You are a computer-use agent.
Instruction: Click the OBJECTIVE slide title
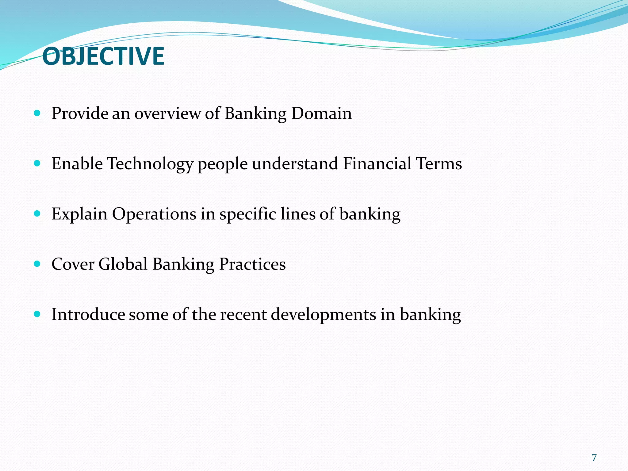click(103, 56)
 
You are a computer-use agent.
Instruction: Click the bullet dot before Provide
click(37, 113)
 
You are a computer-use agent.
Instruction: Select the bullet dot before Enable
click(37, 164)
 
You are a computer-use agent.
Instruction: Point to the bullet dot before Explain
click(37, 214)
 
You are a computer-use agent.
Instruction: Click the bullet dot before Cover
click(37, 264)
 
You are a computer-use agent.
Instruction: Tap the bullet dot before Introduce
click(37, 314)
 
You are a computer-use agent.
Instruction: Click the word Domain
click(321, 113)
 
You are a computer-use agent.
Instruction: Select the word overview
click(167, 113)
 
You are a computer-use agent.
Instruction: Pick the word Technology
click(150, 164)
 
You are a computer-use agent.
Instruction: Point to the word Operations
click(154, 214)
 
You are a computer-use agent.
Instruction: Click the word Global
click(123, 264)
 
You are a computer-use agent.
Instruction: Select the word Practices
click(252, 264)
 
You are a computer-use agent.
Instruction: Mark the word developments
click(324, 315)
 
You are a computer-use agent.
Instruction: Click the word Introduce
click(88, 314)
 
